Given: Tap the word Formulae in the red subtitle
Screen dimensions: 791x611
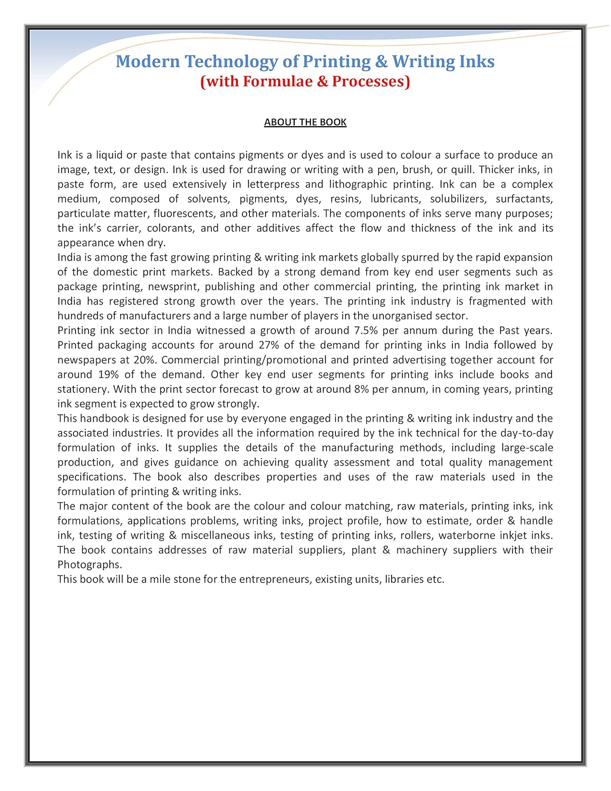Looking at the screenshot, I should coord(277,82).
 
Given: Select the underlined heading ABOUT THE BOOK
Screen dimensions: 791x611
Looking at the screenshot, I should coord(305,122).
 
